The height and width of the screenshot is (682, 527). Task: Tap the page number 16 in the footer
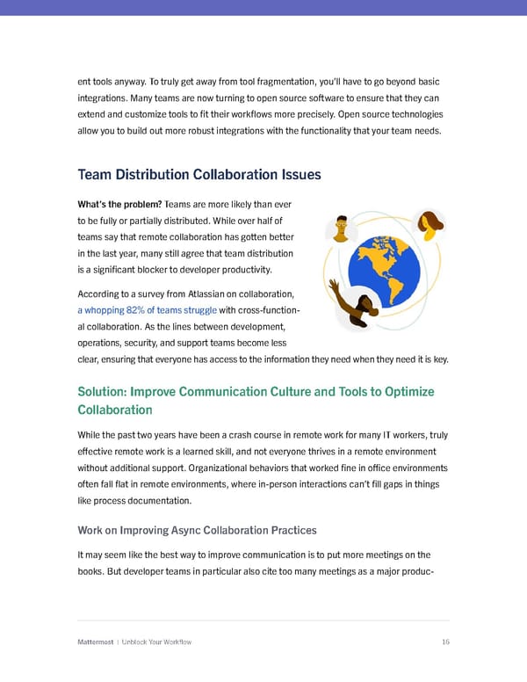pyautogui.click(x=445, y=642)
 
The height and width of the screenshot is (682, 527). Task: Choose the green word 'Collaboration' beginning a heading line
pyautogui.click(x=115, y=410)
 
